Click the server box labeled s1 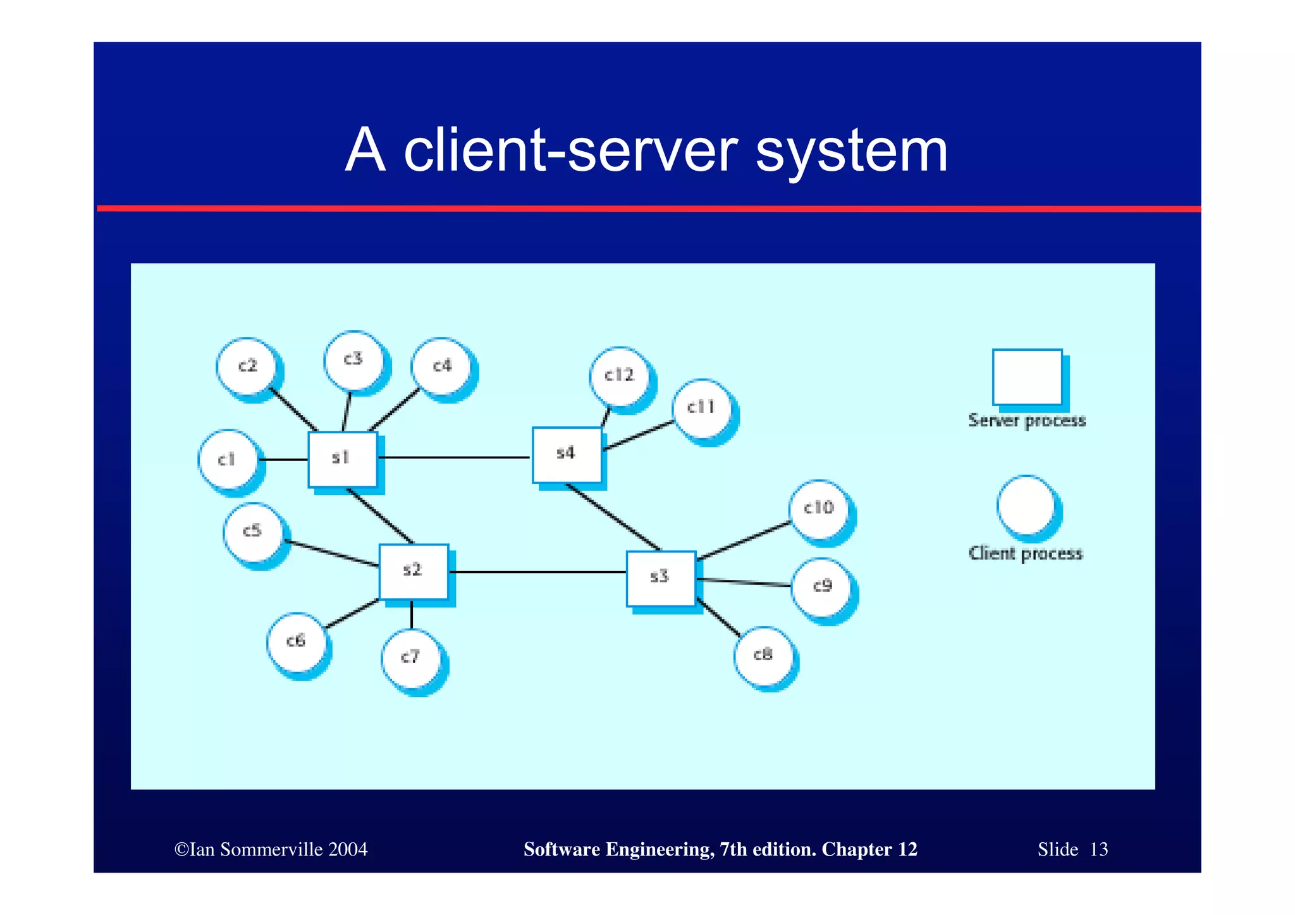point(342,459)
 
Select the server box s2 point(414,572)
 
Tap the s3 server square point(661,578)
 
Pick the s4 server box point(567,455)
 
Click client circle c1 point(228,460)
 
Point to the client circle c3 point(353,360)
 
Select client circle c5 point(254,532)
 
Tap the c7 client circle point(411,658)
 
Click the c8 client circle point(763,656)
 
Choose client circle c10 point(819,509)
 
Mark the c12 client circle point(620,376)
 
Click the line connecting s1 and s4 point(454,457)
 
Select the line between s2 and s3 point(537,572)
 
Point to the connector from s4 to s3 point(613,517)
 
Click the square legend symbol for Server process point(1027,377)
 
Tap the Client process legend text point(1025,554)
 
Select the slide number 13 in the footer point(1098,849)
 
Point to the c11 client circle point(702,408)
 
